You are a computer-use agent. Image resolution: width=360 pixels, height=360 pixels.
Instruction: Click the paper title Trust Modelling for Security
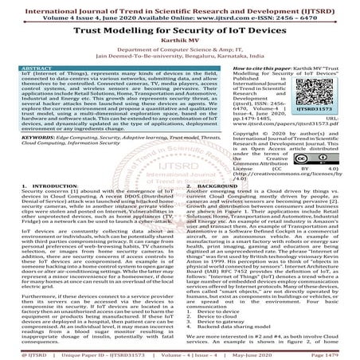pyautogui.click(x=179, y=26)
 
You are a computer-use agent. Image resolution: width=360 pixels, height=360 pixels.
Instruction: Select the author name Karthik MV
pyautogui.click(x=179, y=37)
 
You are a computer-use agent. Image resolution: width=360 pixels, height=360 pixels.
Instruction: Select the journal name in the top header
pyautogui.click(x=179, y=6)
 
